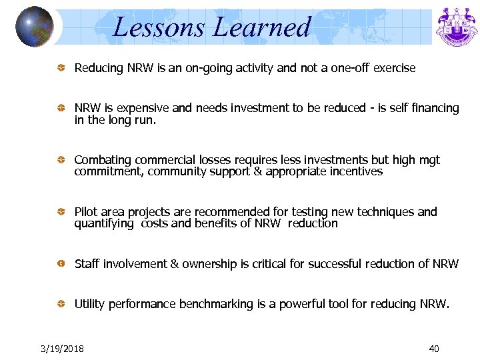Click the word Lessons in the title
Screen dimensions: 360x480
point(160,27)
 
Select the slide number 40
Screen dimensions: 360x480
point(434,349)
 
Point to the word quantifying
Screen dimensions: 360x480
point(104,223)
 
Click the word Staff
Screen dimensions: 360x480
point(87,264)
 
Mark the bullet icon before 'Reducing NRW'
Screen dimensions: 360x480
point(60,68)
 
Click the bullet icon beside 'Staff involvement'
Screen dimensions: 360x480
point(60,265)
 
